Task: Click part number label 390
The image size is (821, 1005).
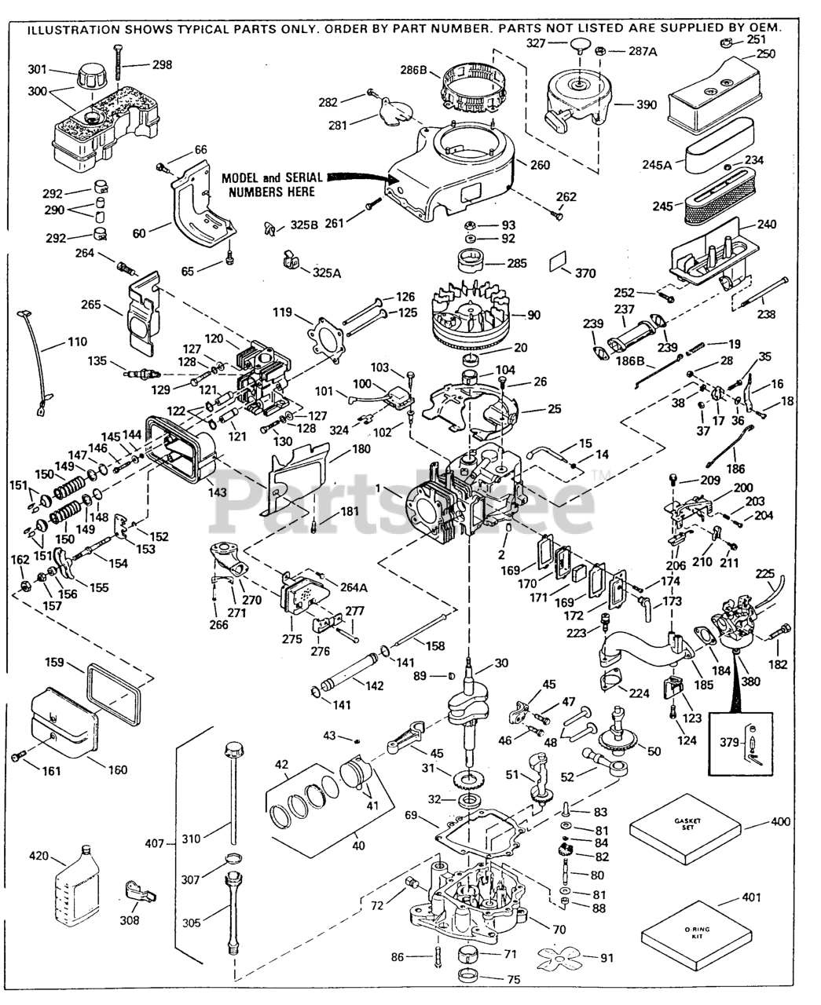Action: (647, 104)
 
